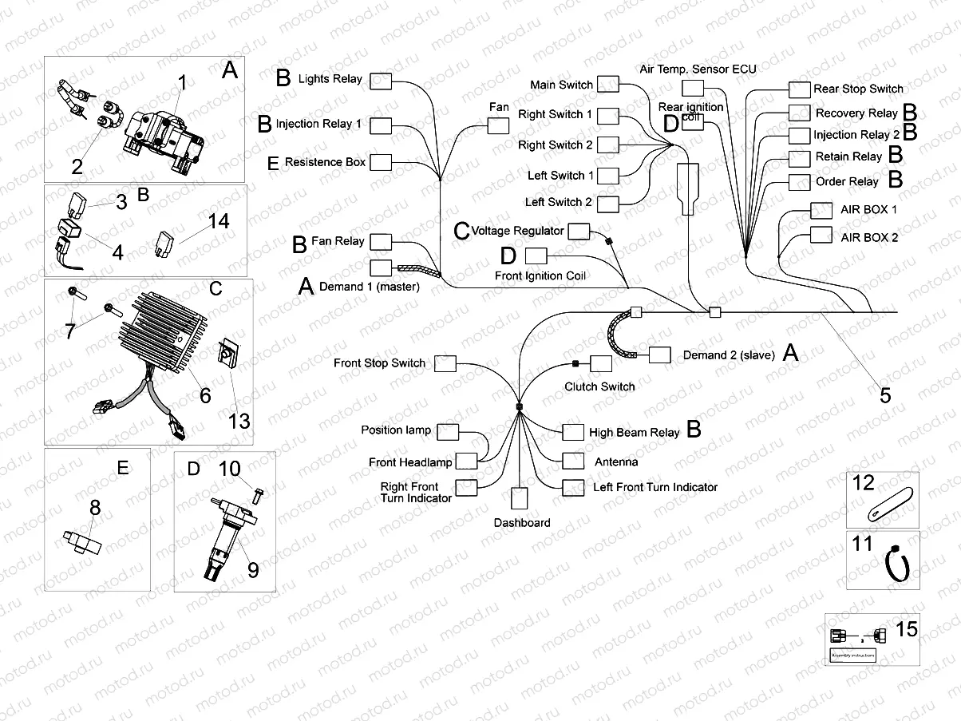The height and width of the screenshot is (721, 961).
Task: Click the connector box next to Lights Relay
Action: pos(380,80)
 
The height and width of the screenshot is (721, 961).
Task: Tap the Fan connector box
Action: pos(499,125)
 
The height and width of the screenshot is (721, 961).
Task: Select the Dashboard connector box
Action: pos(520,499)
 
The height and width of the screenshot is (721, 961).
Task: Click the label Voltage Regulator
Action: pos(517,231)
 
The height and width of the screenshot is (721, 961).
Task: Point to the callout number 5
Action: pos(885,394)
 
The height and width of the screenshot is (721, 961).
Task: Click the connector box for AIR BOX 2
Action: pos(821,235)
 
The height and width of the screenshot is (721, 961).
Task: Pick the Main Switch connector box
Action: pos(608,85)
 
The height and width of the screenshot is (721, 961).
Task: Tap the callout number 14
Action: pos(219,220)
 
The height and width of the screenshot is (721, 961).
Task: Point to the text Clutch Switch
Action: pos(599,386)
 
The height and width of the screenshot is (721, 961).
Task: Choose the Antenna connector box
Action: pos(573,461)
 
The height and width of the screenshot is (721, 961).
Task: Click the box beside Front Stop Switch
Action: pos(445,364)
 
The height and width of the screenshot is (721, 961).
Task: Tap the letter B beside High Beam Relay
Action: pos(694,430)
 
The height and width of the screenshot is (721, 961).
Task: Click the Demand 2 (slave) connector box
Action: pos(660,355)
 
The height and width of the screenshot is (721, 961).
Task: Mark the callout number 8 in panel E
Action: pos(94,505)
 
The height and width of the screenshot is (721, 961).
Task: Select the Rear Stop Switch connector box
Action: pos(799,89)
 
